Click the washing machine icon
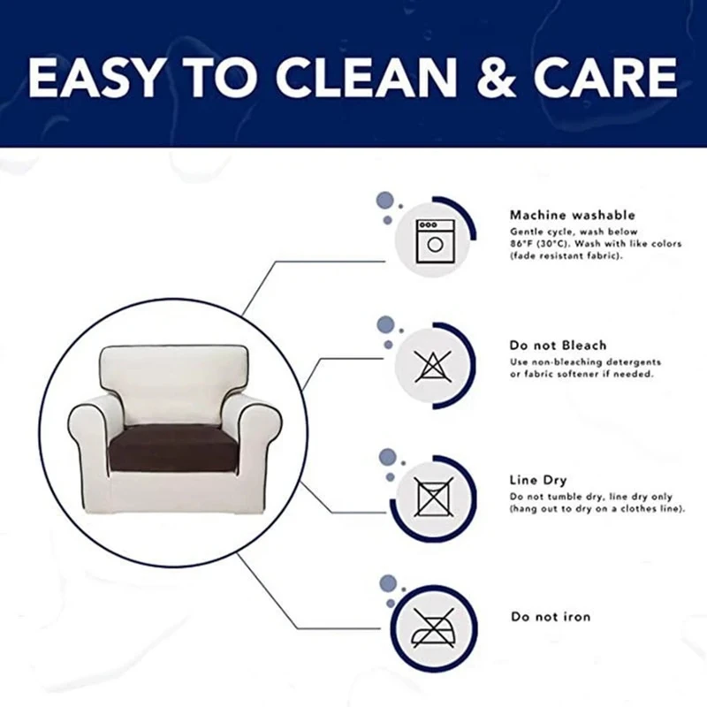pyautogui.click(x=434, y=240)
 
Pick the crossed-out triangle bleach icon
pyautogui.click(x=433, y=366)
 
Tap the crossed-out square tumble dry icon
pyautogui.click(x=434, y=497)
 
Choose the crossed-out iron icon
pyautogui.click(x=433, y=628)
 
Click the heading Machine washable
pyautogui.click(x=572, y=216)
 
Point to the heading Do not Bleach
pyautogui.click(x=558, y=346)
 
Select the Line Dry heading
pyautogui.click(x=538, y=480)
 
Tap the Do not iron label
pyautogui.click(x=551, y=616)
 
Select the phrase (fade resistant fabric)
pyautogui.click(x=566, y=256)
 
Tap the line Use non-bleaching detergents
pyautogui.click(x=585, y=362)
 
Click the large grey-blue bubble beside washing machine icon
pyautogui.click(x=384, y=201)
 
